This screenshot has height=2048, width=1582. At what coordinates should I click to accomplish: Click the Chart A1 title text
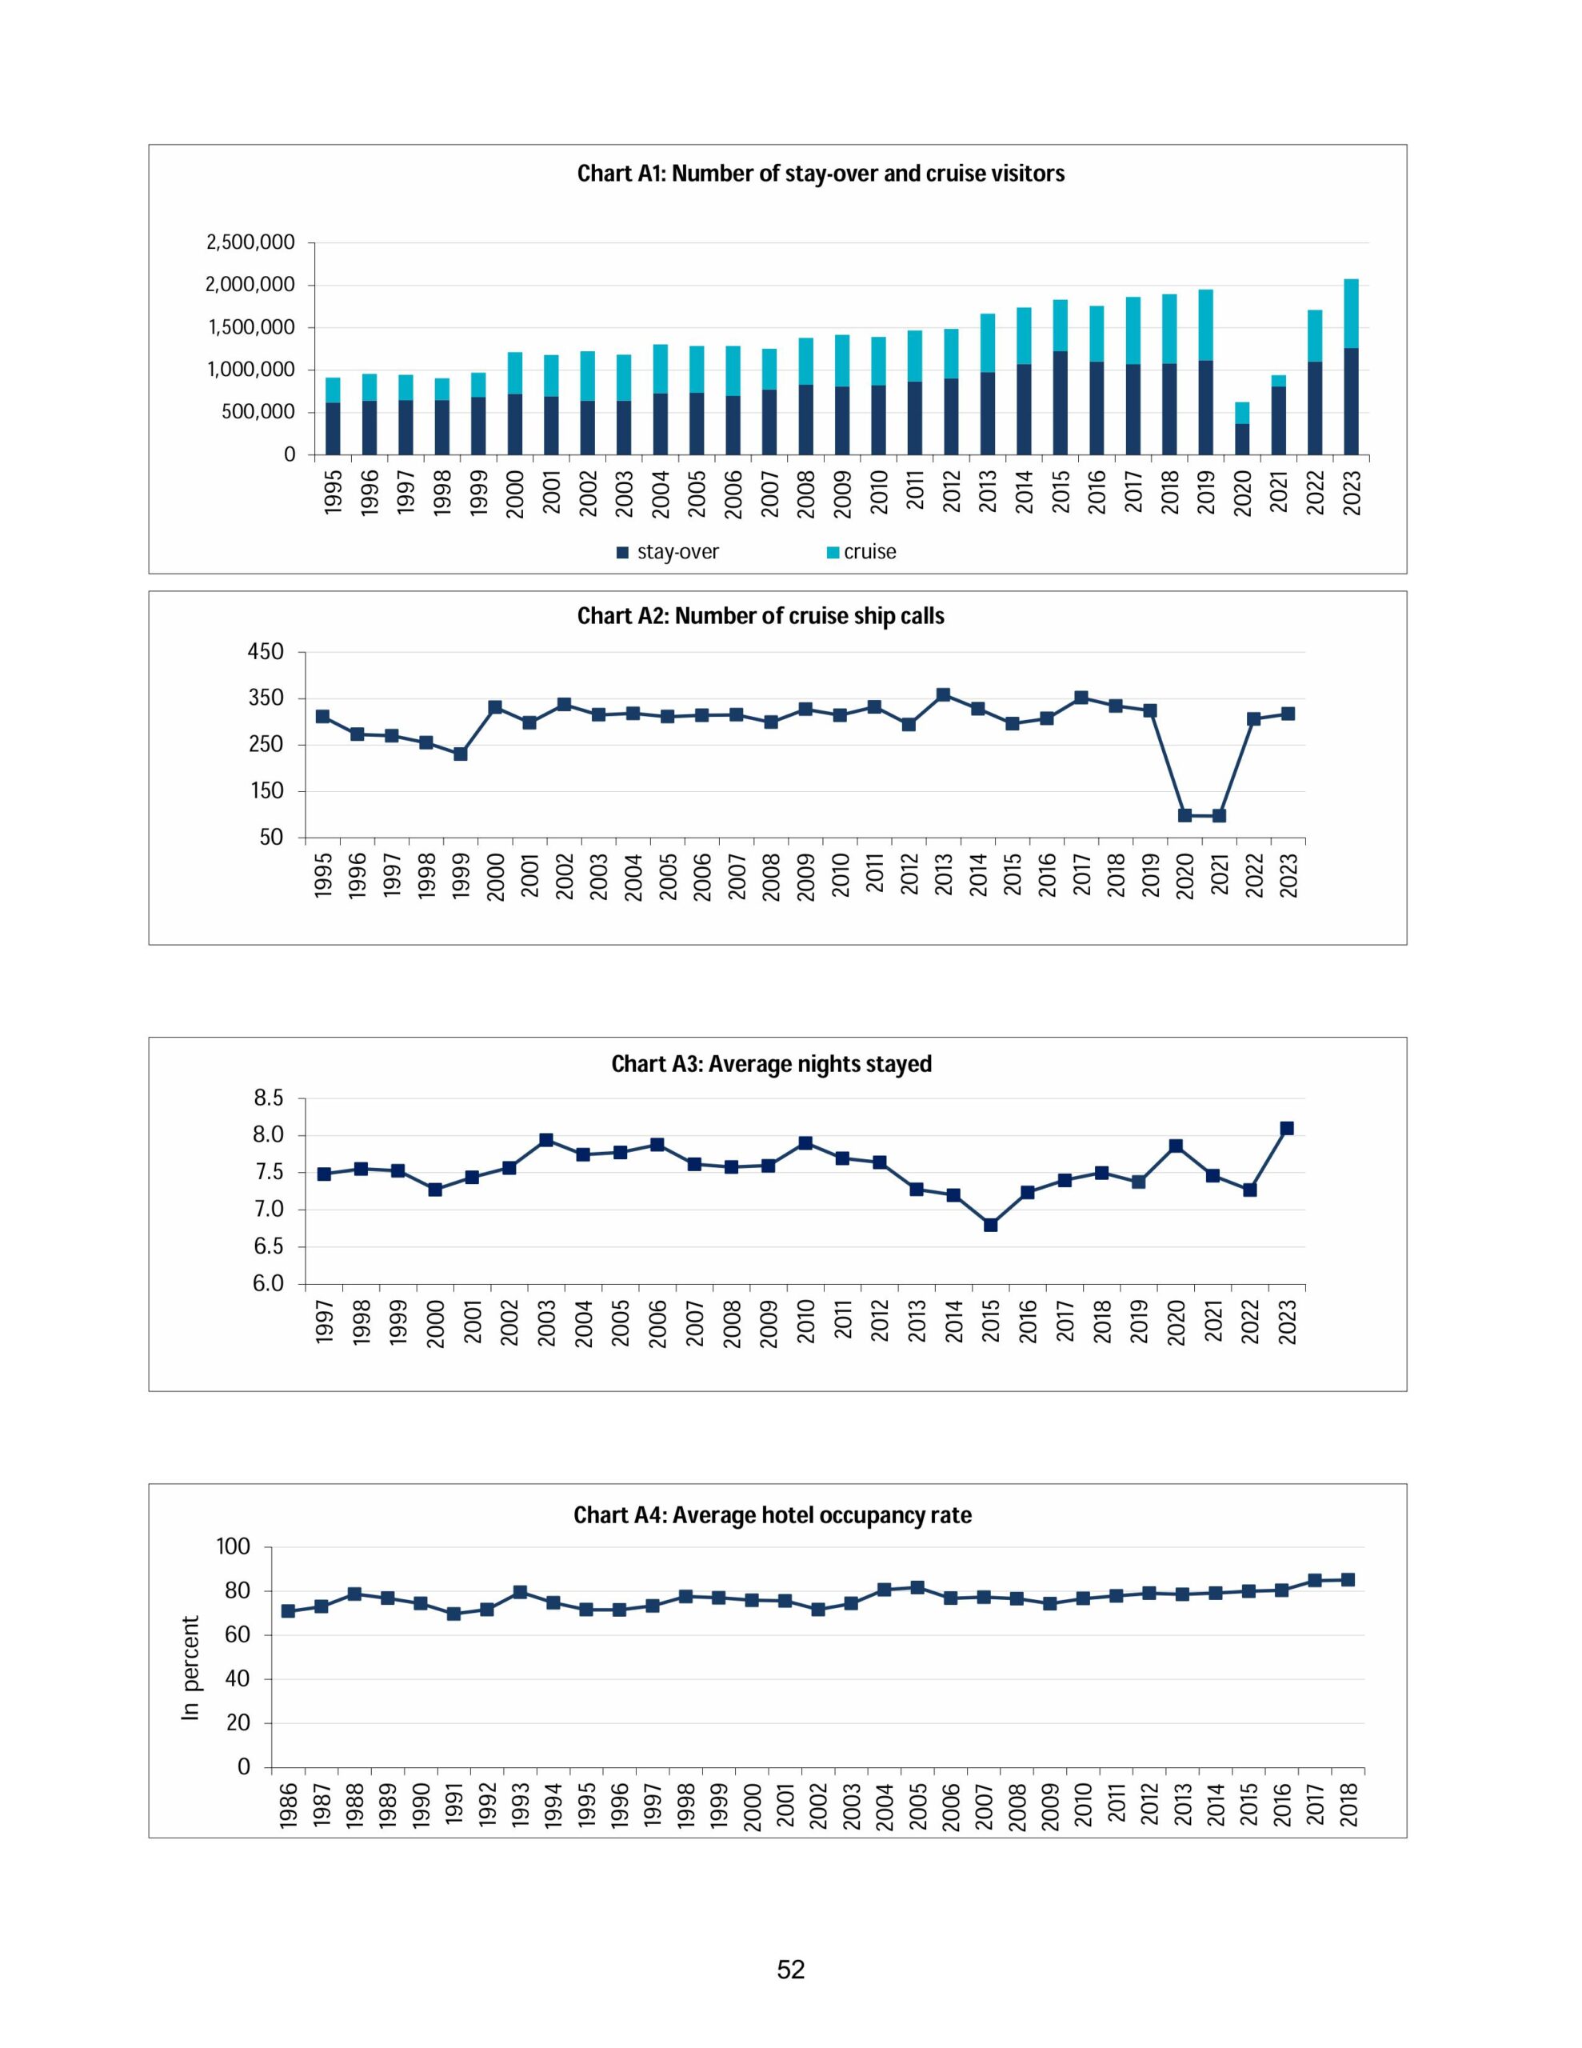point(821,174)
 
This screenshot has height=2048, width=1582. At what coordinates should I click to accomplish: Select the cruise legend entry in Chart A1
point(869,552)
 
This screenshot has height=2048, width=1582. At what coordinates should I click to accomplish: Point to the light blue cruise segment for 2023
point(1350,314)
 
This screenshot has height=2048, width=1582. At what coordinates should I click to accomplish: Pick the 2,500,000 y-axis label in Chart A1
point(250,243)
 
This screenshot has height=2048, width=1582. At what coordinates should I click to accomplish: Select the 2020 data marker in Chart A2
point(1185,815)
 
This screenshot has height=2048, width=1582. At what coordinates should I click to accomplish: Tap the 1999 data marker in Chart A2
point(461,753)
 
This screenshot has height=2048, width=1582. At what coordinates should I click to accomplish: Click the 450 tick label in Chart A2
point(266,652)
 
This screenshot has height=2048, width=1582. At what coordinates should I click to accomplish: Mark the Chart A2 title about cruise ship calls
point(761,616)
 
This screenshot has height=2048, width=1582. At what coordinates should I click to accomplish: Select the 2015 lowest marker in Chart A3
point(990,1225)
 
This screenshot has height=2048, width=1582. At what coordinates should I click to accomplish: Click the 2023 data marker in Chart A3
point(1287,1128)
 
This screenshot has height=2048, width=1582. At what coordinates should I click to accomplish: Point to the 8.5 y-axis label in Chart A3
point(267,1098)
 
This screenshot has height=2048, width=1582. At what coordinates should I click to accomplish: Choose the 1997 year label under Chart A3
point(325,1322)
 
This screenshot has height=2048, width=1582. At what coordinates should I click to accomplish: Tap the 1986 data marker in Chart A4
point(288,1611)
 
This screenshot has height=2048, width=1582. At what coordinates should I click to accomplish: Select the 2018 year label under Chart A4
point(1348,1804)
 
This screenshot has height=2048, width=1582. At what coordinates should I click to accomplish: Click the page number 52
point(790,1970)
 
